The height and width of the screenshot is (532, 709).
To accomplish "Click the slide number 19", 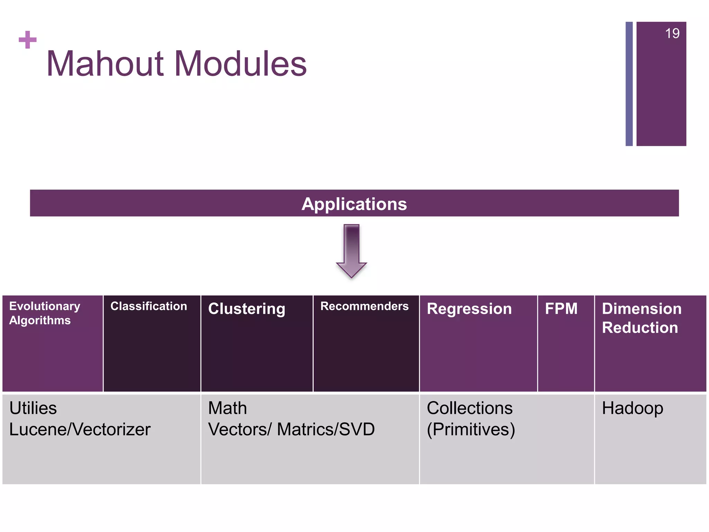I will tap(672, 34).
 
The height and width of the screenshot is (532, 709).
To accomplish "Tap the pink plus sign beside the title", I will tap(28, 39).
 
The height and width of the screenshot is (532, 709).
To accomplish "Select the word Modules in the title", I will tap(241, 64).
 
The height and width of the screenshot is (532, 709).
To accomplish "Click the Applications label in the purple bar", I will tap(354, 204).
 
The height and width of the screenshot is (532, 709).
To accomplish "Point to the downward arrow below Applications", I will tap(351, 251).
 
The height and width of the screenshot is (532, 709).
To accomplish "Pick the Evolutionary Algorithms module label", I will tap(44, 313).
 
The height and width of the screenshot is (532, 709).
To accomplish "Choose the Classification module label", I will tap(149, 306).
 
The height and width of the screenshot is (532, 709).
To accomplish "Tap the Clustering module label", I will tap(246, 309).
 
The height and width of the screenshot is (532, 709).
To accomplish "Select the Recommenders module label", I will tap(365, 306).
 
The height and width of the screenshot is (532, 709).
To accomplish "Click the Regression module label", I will tap(469, 309).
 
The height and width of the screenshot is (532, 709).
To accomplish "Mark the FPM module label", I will tap(561, 309).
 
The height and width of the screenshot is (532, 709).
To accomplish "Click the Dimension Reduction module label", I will tap(641, 318).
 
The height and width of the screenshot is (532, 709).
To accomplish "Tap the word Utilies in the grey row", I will tap(33, 408).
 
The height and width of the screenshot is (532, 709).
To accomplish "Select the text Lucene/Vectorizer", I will tap(80, 429).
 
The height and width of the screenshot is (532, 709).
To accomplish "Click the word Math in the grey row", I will tap(227, 408).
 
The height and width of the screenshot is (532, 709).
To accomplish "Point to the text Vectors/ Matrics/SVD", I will tap(291, 429).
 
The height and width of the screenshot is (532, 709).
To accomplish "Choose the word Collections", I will tap(469, 408).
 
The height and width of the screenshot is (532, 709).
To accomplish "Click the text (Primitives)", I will tap(471, 429).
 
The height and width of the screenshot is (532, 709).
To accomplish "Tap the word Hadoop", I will tap(632, 408).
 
